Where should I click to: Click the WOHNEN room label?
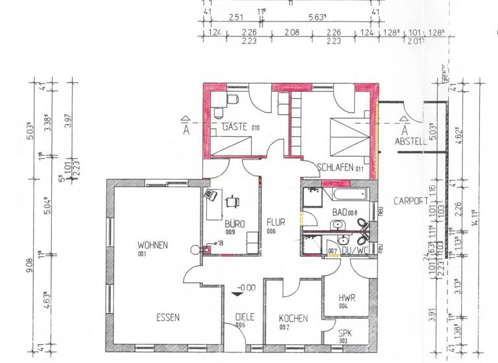pos(152,245)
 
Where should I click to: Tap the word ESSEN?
pos(167,318)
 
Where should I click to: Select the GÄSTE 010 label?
pos(240,127)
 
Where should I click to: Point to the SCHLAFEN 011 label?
pos(339,168)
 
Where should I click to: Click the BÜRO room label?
pos(234,224)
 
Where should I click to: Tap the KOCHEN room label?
pos(293,319)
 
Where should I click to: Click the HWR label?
pos(347,299)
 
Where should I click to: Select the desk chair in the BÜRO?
pos(231,201)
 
